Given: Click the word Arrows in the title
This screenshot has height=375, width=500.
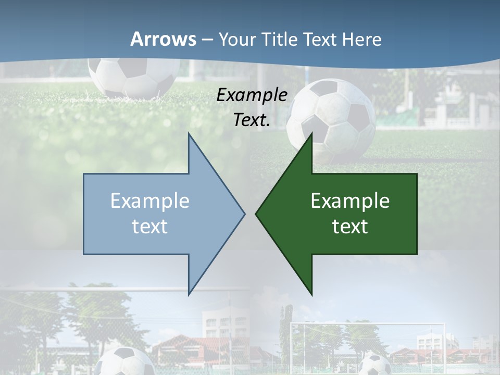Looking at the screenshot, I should (163, 39).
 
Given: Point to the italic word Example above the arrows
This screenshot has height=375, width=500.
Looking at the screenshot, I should (252, 95).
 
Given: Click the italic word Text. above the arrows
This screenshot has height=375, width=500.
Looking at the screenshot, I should (252, 120).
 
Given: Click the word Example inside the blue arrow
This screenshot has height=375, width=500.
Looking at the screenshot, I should (150, 201).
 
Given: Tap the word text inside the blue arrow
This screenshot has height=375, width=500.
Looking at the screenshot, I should (150, 226).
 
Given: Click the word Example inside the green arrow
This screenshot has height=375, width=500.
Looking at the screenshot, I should (350, 201).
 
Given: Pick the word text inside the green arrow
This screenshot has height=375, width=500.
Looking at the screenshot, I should (350, 226).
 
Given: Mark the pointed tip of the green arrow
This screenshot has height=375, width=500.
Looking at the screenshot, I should (257, 213).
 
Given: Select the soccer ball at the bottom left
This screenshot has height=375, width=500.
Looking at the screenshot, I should (125, 362).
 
